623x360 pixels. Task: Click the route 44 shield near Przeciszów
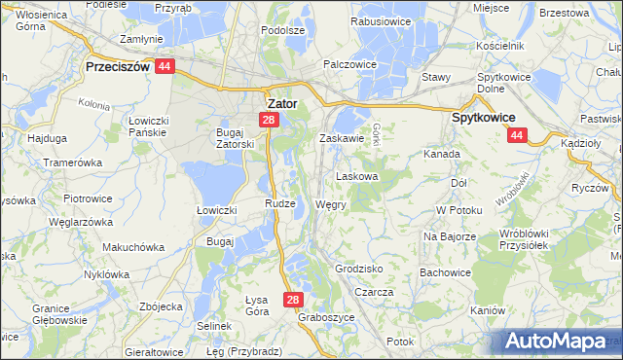click(x=165, y=66)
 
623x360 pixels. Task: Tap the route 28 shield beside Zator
click(x=269, y=120)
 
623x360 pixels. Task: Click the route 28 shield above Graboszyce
click(x=293, y=301)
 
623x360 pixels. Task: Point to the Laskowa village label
click(x=356, y=176)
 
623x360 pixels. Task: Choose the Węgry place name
click(x=333, y=205)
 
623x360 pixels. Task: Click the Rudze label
click(x=279, y=201)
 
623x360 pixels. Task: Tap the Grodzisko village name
click(x=358, y=268)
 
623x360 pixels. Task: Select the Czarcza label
click(x=373, y=292)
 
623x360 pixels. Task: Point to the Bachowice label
click(x=446, y=271)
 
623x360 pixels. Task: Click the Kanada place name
click(x=441, y=154)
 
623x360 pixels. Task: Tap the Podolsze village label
click(x=282, y=30)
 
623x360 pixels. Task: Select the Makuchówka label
click(x=134, y=247)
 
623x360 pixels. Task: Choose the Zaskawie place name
click(x=342, y=138)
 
